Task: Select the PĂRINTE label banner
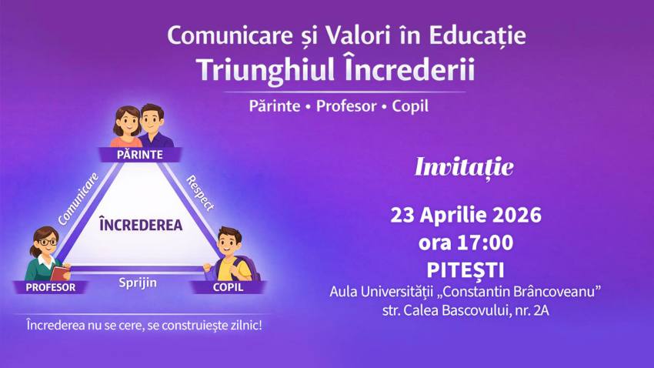click(x=140, y=155)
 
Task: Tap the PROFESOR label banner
click(x=50, y=287)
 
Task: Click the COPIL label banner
click(x=228, y=287)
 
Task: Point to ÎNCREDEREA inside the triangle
click(x=141, y=225)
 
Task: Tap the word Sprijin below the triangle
click(x=138, y=283)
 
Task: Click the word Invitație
click(x=464, y=167)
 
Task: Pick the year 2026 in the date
click(x=516, y=215)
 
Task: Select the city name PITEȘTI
click(x=465, y=270)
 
